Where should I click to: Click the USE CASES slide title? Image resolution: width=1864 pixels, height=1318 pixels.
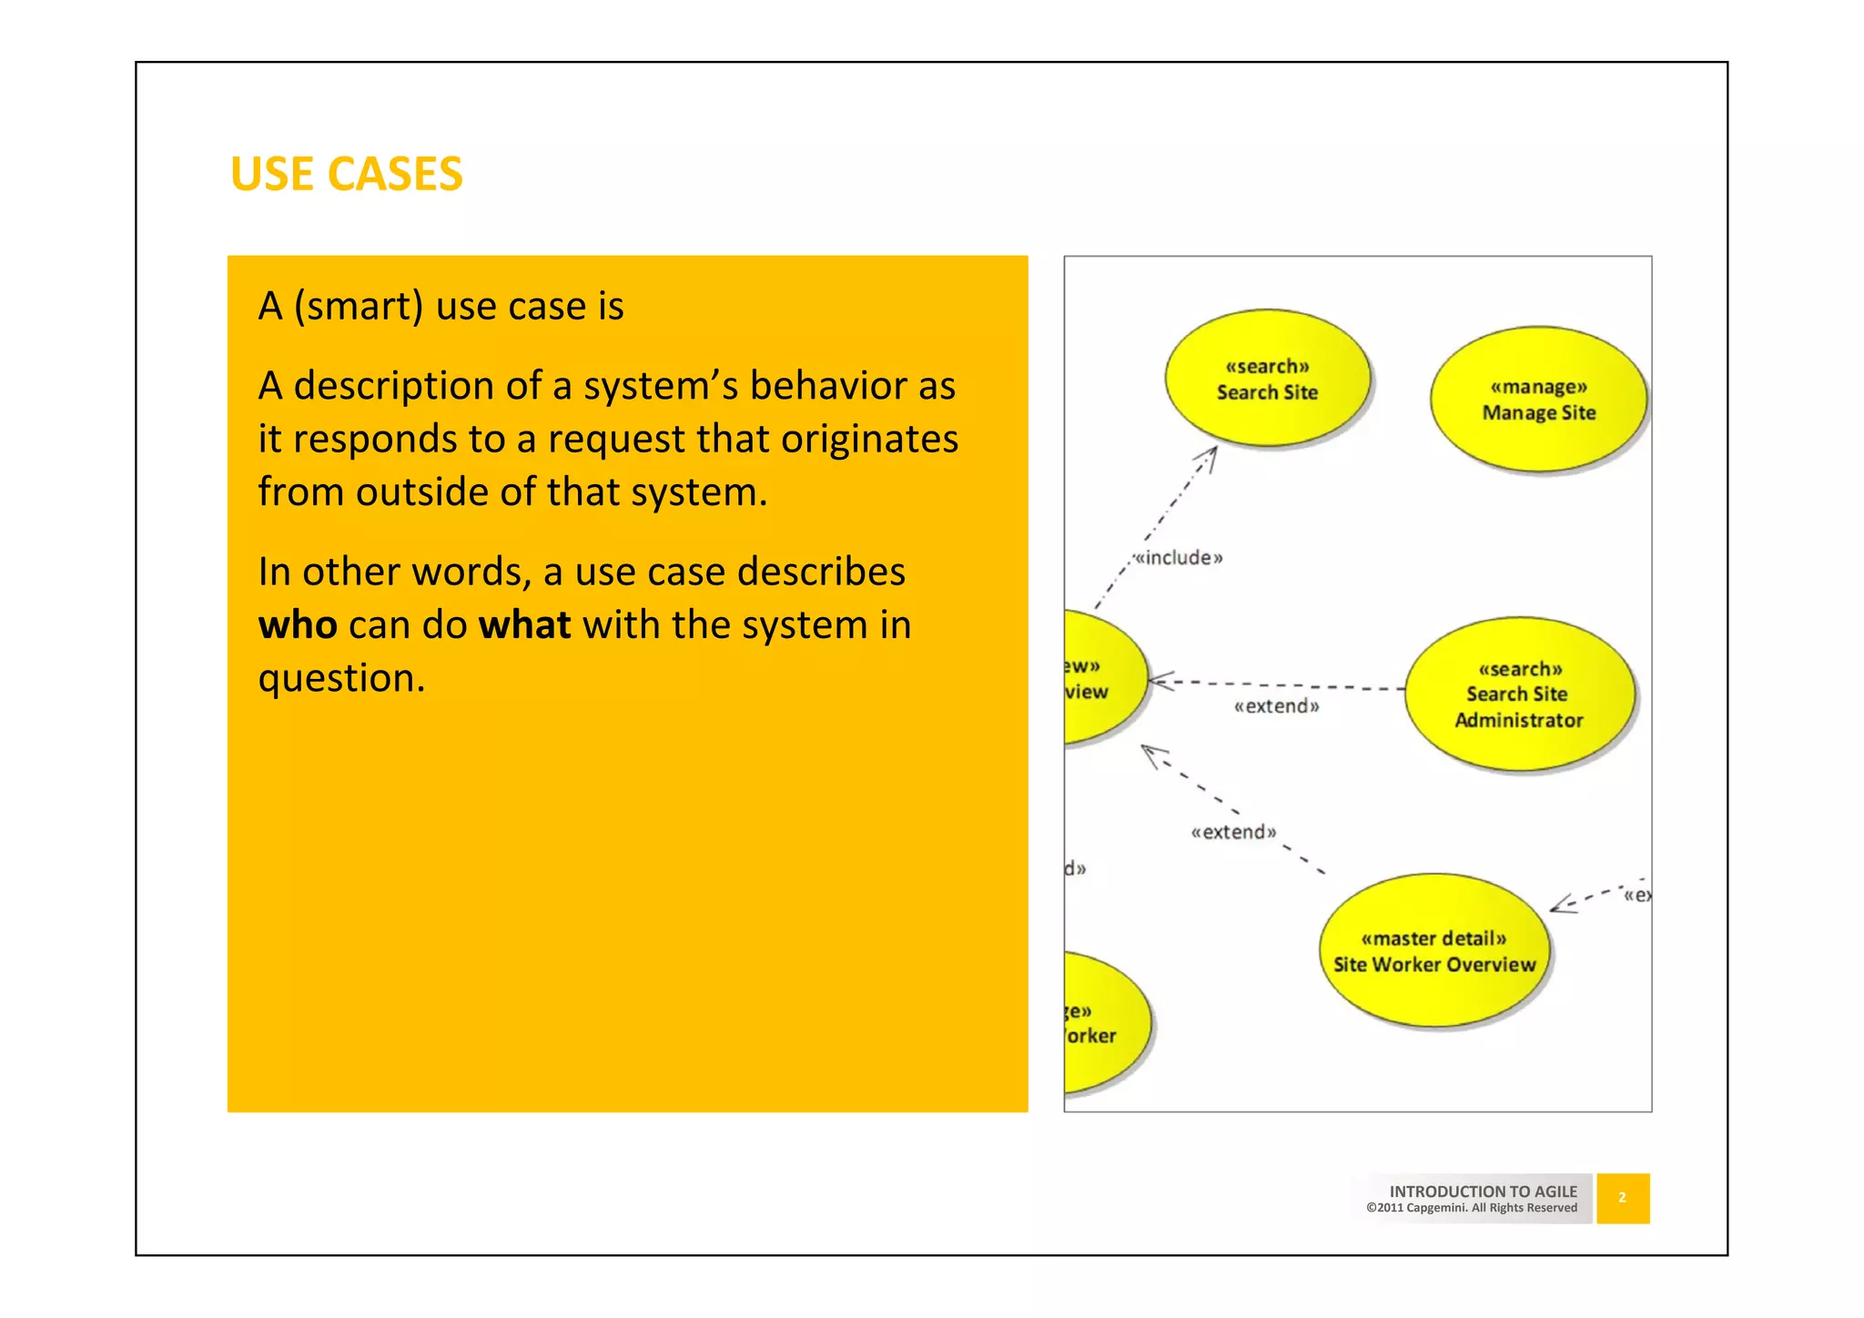click(x=347, y=174)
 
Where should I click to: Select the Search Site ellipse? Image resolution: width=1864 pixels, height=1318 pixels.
click(x=1267, y=379)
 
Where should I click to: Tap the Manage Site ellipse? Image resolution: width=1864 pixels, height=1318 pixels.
click(x=1538, y=400)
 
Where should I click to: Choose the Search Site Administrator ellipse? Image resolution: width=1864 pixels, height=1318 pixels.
click(x=1519, y=694)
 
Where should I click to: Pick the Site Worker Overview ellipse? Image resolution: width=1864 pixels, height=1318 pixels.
click(x=1433, y=951)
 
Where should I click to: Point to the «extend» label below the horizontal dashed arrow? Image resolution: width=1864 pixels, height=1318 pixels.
click(x=1276, y=706)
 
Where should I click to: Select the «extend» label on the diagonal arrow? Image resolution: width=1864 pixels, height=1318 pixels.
click(x=1233, y=832)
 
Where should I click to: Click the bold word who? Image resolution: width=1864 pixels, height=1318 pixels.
click(x=298, y=625)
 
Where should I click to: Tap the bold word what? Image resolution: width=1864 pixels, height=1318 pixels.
click(x=524, y=625)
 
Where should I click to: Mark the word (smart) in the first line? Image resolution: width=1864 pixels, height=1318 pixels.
click(x=358, y=307)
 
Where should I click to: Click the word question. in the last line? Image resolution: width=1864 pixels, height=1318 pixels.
click(x=341, y=678)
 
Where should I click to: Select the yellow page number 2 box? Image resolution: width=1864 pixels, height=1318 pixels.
click(x=1622, y=1198)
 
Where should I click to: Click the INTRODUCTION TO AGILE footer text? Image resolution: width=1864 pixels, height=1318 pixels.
click(x=1483, y=1191)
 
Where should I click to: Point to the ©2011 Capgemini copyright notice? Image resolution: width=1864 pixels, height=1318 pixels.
click(x=1471, y=1208)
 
